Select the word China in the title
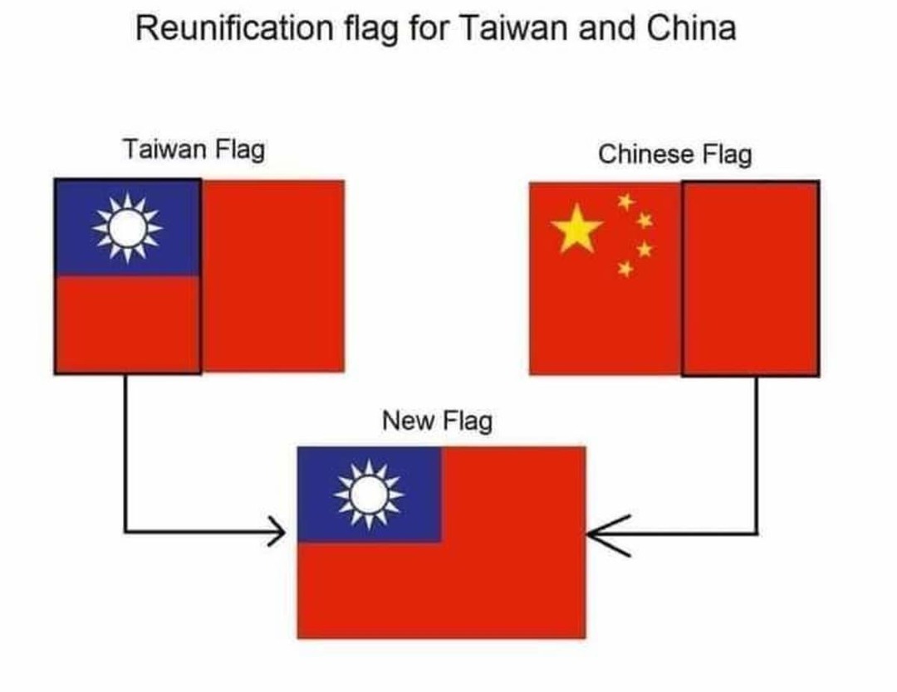692,29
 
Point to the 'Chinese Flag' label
674,154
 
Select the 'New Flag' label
437,421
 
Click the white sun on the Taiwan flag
127,228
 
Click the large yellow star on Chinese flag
577,229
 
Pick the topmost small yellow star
625,201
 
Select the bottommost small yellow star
625,268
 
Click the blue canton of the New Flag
369,495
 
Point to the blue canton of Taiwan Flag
127,227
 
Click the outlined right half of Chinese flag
750,278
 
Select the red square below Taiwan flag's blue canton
127,324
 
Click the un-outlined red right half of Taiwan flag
273,275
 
